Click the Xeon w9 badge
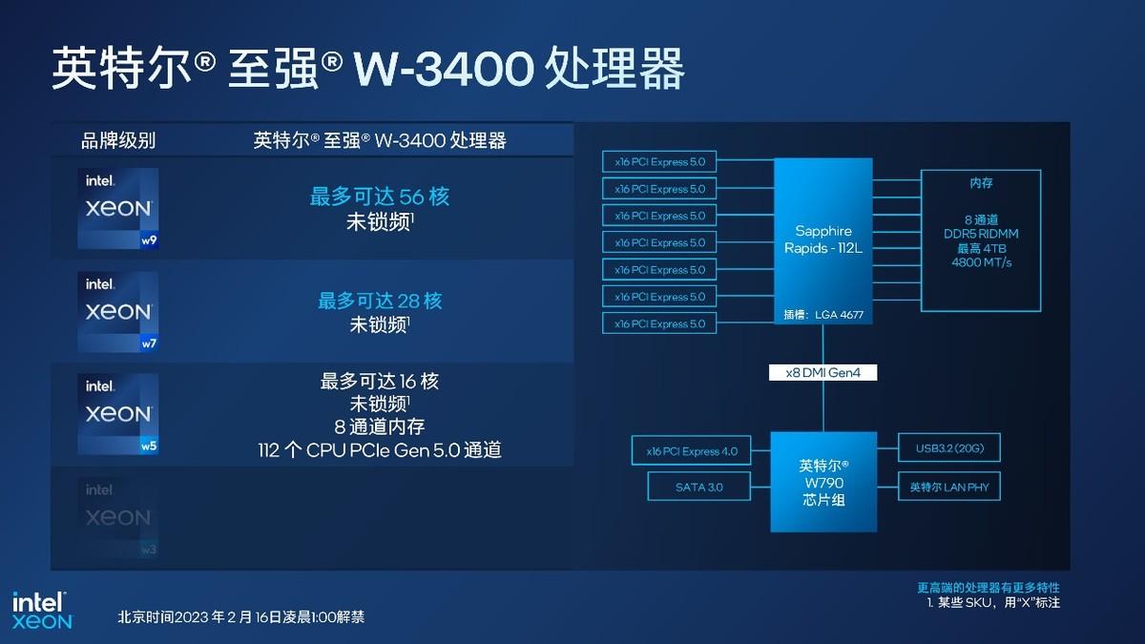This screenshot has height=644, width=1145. click(x=118, y=209)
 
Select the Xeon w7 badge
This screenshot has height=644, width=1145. click(x=118, y=312)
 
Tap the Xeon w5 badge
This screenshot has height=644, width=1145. click(x=118, y=414)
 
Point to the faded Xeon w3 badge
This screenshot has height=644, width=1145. click(x=118, y=518)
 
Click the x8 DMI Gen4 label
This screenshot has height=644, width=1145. click(x=822, y=373)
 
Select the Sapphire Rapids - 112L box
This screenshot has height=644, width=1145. click(x=822, y=241)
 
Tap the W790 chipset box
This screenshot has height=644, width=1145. click(x=823, y=482)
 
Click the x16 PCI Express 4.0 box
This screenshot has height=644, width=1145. click(x=691, y=450)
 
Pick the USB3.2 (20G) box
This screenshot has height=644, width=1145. click(x=949, y=447)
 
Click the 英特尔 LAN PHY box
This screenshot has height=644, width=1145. click(x=949, y=487)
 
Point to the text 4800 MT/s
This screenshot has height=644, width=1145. click(x=982, y=262)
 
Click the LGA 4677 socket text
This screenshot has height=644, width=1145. click(x=839, y=315)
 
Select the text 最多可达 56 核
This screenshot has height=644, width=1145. click(x=380, y=197)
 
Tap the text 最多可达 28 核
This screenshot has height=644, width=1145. click(x=380, y=301)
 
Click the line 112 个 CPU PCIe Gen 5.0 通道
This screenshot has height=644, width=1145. click(x=380, y=450)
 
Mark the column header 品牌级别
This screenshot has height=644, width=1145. click(x=118, y=140)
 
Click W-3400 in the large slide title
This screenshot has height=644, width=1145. click(x=443, y=69)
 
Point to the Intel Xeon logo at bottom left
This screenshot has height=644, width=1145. click(x=42, y=611)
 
